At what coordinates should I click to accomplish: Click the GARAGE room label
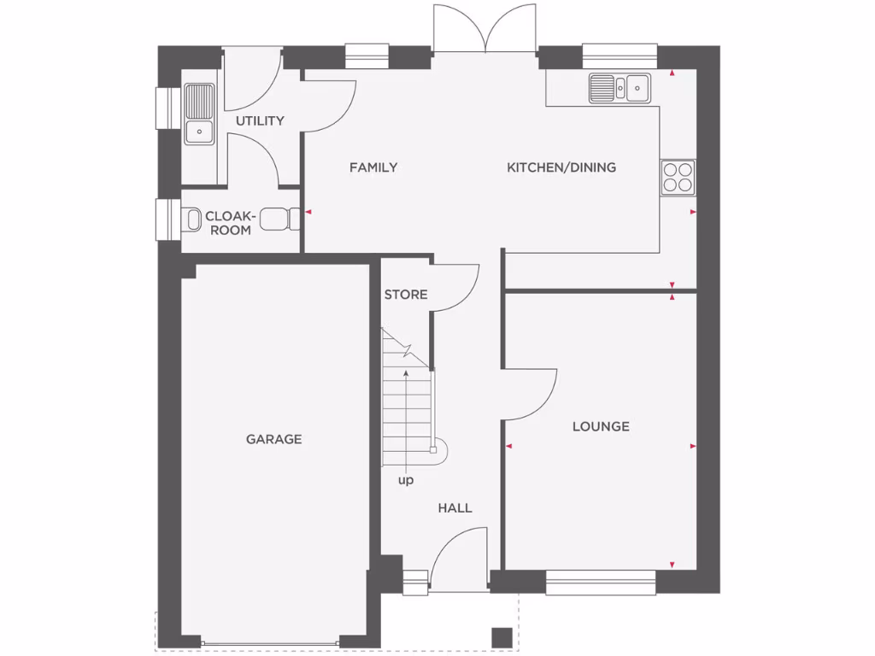[x=273, y=439]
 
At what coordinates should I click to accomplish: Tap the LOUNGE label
[x=601, y=426]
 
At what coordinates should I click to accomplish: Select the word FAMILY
[x=373, y=167]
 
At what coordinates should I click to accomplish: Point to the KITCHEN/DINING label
[x=561, y=167]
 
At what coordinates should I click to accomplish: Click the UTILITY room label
[x=260, y=120]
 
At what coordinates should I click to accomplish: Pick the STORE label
[x=405, y=295]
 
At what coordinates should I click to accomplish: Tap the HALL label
[x=455, y=507]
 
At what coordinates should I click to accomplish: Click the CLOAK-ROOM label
[x=230, y=224]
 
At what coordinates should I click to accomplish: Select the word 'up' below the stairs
[x=405, y=481]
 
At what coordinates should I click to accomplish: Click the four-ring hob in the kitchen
[x=678, y=177]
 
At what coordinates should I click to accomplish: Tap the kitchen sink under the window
[x=620, y=86]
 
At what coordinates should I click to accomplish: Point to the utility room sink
[x=199, y=114]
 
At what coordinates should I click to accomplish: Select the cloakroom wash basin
[x=276, y=220]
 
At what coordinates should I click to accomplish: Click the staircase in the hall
[x=408, y=401]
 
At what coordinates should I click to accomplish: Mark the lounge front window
[x=601, y=583]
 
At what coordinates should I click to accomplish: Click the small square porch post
[x=502, y=637]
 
